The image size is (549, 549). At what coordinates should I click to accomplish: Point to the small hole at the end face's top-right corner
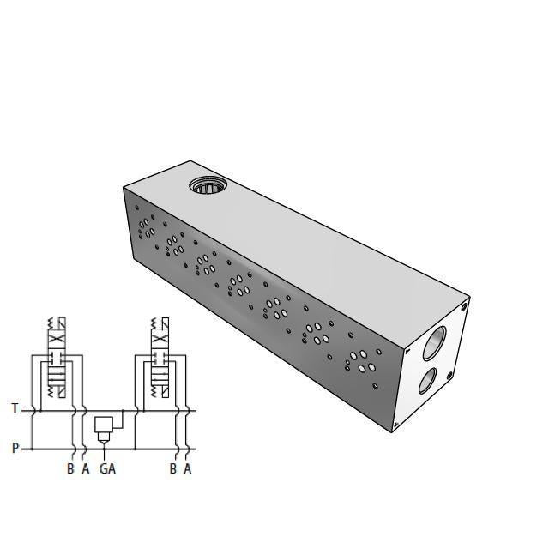(464, 305)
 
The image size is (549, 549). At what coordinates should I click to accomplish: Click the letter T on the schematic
(15, 409)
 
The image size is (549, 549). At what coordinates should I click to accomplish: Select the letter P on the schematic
(15, 448)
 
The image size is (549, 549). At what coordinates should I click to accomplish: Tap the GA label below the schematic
(107, 468)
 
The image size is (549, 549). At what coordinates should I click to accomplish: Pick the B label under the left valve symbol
(70, 468)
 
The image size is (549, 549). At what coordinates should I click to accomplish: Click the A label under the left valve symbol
(85, 468)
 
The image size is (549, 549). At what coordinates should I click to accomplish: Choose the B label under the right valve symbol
(172, 468)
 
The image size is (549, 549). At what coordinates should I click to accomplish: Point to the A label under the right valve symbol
(187, 468)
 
